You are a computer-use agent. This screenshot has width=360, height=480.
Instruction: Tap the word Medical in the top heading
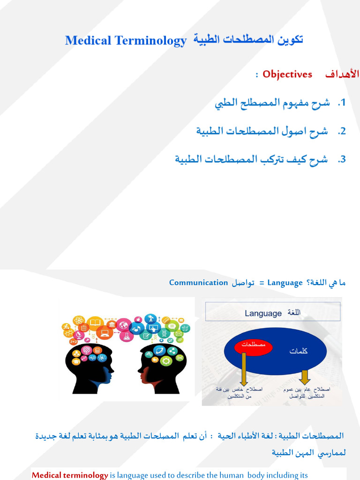point(88,41)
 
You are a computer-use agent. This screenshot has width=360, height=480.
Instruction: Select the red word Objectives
point(287,74)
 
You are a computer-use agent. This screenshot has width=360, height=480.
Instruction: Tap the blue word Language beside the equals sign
point(285,283)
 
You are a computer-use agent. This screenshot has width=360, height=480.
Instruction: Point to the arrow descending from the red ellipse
point(244,370)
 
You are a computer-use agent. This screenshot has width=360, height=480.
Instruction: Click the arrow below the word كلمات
point(305,376)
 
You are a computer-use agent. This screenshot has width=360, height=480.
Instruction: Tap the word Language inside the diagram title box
point(263,313)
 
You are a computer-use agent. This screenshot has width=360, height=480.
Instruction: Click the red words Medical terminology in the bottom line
point(70,475)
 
